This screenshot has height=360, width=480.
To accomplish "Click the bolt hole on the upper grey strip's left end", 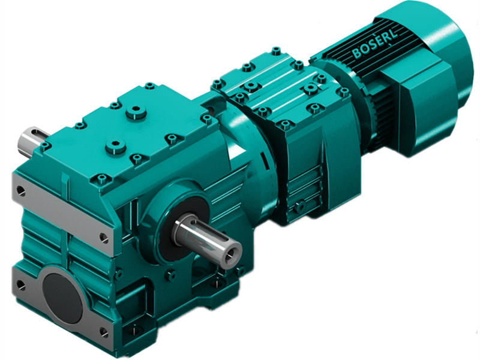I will [x=20, y=191].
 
